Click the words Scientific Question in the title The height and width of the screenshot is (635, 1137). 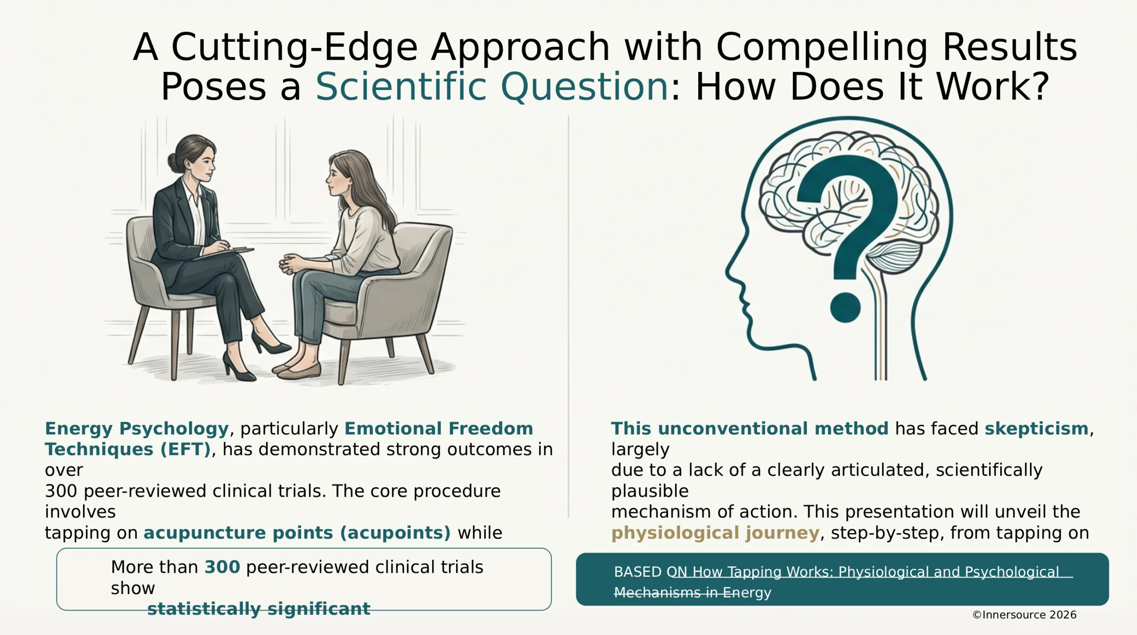click(x=492, y=86)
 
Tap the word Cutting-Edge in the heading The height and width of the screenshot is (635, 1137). click(x=294, y=47)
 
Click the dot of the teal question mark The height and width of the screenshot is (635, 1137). click(x=845, y=308)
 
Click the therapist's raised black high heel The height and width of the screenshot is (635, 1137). click(x=271, y=343)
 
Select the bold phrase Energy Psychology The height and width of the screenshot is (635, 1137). click(x=137, y=428)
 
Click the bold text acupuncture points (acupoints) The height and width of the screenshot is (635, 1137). click(x=297, y=532)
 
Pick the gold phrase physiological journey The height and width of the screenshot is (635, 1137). click(x=715, y=532)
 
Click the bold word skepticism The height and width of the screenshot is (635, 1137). click(x=1037, y=428)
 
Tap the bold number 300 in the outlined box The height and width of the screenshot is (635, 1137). click(x=222, y=567)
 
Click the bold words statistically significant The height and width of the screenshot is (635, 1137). click(x=258, y=609)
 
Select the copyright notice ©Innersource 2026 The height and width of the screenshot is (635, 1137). click(x=1024, y=615)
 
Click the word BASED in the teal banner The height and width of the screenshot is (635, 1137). click(x=638, y=572)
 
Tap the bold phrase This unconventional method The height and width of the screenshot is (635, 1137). click(x=750, y=428)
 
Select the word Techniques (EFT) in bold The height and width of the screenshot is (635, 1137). click(x=127, y=449)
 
